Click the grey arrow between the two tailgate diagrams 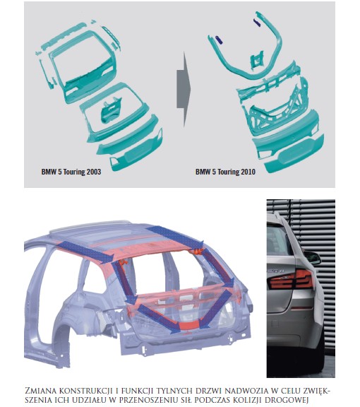point(184,89)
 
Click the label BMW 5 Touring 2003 point(71,172)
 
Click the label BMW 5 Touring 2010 point(225,172)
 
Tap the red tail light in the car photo point(291,279)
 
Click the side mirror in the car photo point(312,257)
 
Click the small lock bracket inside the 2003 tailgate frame point(111,111)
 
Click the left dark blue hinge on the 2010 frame point(219,40)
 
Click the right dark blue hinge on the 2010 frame point(257,23)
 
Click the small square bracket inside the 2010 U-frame point(256,60)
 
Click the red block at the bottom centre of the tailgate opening point(188,325)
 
